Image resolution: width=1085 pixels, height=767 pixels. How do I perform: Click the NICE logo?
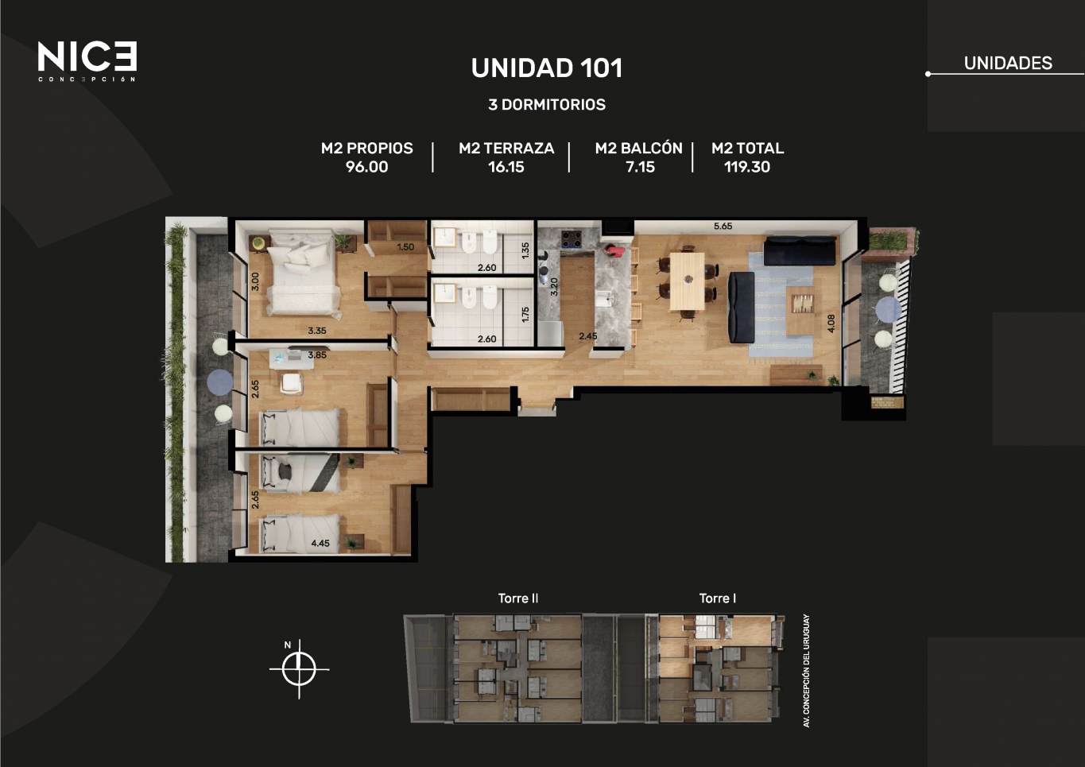coord(87,61)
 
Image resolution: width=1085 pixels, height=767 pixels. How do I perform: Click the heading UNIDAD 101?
coord(546,68)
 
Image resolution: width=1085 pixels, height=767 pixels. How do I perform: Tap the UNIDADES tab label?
coord(1008,63)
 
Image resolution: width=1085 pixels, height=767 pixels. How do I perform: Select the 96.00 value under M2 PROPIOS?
coord(366,167)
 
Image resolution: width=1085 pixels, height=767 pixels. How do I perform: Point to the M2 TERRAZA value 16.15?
coord(506,167)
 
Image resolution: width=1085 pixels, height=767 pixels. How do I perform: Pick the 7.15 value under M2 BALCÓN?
coord(640,167)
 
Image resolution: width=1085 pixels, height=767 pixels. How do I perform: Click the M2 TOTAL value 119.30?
coord(747,167)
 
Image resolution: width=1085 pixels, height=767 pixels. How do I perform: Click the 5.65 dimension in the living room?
coord(723,227)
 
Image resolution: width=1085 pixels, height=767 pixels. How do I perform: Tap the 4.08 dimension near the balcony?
coord(831,323)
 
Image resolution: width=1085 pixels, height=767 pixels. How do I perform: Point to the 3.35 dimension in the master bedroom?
coord(317,331)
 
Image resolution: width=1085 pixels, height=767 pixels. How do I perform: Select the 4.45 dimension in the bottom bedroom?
coord(320,544)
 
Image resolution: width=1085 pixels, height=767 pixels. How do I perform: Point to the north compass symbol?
coord(299,669)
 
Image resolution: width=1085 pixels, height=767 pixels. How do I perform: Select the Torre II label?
coord(518,598)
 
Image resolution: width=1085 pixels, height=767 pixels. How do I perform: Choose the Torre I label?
coord(717,598)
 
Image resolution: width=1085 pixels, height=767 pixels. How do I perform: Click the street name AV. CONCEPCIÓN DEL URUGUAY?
coord(806,670)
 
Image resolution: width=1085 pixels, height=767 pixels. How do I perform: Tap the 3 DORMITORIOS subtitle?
coord(547,105)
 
